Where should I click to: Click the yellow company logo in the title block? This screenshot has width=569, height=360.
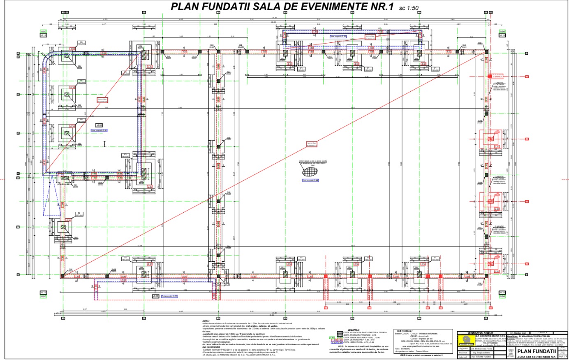pos(465,340)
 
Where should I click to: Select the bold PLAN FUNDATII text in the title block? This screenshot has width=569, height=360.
pos(537,351)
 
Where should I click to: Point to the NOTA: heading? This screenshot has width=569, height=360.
pos(206,321)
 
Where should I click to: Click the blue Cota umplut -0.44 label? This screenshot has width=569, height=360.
pos(310,180)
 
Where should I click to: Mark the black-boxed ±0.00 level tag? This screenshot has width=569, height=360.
pos(99,125)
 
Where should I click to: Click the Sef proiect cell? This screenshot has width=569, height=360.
pos(463,348)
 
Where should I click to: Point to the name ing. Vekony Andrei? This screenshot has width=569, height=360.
pos(481,357)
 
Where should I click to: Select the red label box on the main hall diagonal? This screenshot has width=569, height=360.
pos(312,144)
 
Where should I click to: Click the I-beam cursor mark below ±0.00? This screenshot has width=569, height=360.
pos(104,143)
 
